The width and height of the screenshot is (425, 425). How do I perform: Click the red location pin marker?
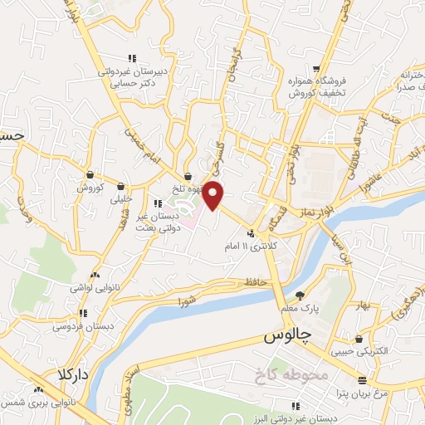214,195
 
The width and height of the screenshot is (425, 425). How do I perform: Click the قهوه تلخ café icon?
188,176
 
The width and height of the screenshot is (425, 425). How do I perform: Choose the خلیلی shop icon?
122,186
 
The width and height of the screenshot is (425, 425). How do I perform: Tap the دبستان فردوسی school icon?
82,313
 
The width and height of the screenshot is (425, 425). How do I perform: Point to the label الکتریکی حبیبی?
357,351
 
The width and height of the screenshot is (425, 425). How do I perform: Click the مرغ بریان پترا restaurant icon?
361,379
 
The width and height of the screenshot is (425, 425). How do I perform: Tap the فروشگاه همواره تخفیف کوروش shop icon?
315,70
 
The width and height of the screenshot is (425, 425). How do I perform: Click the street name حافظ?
254,283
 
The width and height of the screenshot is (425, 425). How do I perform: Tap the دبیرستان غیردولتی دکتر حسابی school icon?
132,58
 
